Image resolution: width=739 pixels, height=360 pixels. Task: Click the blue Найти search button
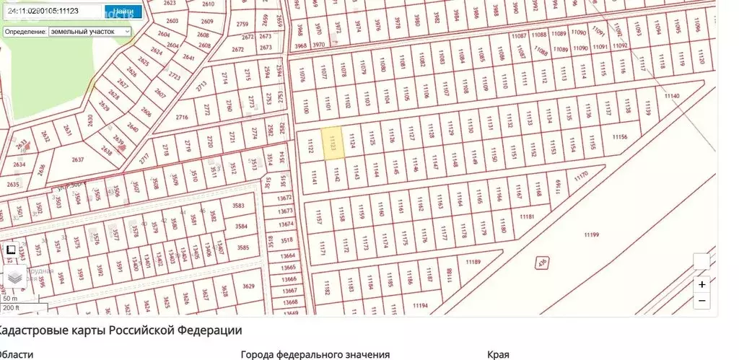pos(118,12)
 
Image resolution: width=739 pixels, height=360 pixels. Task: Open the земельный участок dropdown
pos(89,32)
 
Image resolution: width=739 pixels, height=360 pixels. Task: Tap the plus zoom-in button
pos(701,284)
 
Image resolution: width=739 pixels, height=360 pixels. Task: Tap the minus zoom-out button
pos(701,300)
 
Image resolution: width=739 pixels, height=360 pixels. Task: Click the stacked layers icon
pos(15,276)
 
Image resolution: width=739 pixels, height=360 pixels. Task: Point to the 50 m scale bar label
pos(10,299)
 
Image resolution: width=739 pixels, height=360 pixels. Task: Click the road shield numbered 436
pos(539,263)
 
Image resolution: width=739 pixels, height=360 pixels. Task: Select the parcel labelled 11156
pos(618,137)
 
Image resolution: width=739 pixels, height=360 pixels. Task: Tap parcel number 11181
pos(527,216)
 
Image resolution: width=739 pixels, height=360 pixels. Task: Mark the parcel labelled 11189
pos(473,261)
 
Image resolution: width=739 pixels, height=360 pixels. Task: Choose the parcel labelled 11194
pos(420,306)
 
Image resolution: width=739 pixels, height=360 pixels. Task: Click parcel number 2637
pos(78,159)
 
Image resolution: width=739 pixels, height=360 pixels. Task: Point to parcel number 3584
pos(241,227)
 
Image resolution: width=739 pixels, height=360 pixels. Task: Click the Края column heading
pos(498,354)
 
